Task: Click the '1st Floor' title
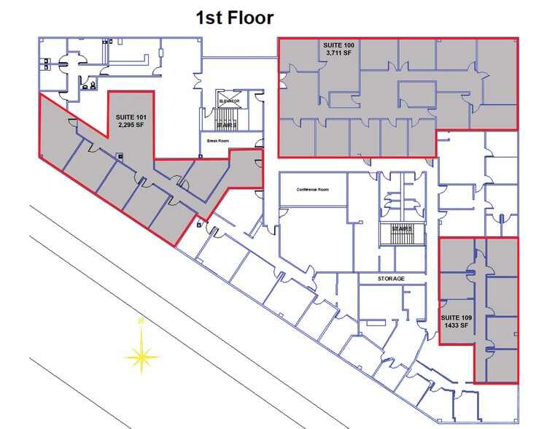234,18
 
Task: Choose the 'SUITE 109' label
457,317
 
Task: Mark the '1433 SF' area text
456,325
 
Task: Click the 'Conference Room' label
313,189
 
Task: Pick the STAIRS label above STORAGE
400,229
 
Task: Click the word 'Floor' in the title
252,18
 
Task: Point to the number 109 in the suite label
467,317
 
